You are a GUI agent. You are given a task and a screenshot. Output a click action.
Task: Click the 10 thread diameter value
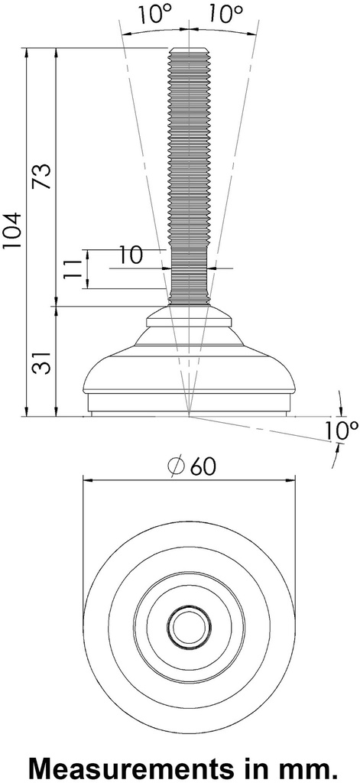click(131, 255)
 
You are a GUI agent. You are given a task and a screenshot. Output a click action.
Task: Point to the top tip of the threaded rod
click(188, 50)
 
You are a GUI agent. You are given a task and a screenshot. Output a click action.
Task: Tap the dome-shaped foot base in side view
click(188, 375)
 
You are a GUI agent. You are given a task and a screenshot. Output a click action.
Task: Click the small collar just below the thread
click(188, 313)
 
